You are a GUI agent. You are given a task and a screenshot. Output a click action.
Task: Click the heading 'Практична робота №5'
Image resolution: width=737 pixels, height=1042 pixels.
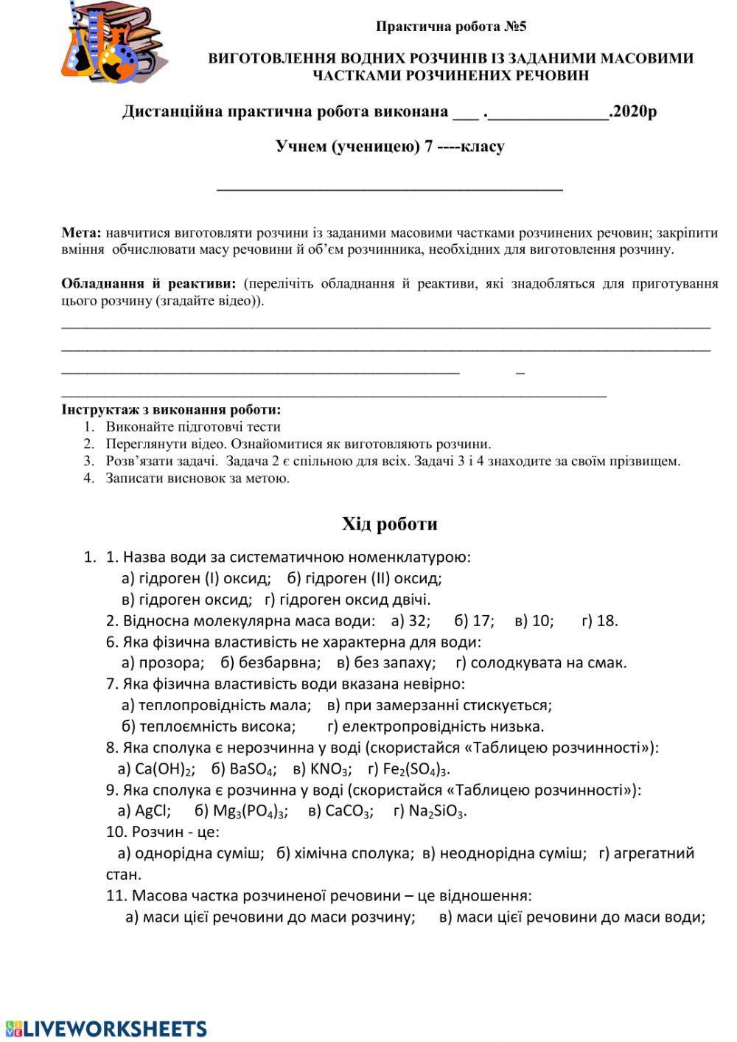(451, 27)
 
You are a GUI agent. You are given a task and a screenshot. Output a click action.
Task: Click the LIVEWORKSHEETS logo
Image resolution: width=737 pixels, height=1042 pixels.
(105, 1028)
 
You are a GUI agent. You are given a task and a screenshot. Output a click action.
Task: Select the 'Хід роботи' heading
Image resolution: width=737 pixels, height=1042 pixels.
(389, 524)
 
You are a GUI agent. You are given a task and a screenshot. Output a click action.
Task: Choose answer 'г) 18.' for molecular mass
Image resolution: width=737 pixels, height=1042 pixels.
(599, 621)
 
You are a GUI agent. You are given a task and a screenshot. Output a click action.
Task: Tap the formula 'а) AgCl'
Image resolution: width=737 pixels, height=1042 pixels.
(144, 811)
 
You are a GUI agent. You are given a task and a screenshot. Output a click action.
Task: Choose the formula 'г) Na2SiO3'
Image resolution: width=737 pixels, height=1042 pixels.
(430, 811)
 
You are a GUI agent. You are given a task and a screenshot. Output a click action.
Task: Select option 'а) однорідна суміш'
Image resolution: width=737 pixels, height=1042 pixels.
(191, 854)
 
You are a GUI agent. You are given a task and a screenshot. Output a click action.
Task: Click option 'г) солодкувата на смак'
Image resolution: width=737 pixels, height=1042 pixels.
(540, 662)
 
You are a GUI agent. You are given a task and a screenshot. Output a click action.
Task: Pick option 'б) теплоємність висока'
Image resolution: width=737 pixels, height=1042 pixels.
(209, 726)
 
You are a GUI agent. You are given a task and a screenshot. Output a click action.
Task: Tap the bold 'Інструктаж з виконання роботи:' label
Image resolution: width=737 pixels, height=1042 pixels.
(172, 410)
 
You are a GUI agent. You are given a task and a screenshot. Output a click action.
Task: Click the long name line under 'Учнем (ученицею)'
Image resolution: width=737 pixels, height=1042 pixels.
(389, 189)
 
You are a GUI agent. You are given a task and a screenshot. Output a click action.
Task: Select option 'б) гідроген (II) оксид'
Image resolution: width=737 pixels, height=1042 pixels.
(365, 578)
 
